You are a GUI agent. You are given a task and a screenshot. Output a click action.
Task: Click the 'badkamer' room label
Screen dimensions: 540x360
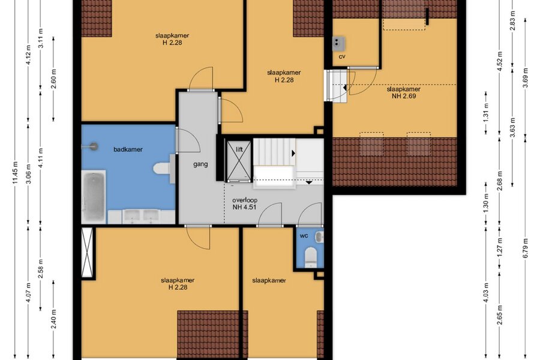click(x=128, y=149)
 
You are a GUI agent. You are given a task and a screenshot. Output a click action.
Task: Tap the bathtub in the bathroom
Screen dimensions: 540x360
click(x=94, y=196)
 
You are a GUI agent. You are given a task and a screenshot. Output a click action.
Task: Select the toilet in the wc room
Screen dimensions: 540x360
click(x=311, y=257)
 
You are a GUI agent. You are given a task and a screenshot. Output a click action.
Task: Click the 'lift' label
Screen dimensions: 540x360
click(x=239, y=149)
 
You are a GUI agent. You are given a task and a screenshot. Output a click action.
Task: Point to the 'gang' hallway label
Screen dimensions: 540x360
click(x=200, y=164)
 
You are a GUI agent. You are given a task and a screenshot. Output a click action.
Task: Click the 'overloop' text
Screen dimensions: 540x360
click(x=245, y=200)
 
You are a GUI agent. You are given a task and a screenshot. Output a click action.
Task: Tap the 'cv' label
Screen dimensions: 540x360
click(x=341, y=56)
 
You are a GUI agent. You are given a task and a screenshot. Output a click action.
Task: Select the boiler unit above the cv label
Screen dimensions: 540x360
click(x=338, y=43)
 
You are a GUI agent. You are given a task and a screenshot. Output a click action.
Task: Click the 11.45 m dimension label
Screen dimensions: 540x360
click(x=15, y=173)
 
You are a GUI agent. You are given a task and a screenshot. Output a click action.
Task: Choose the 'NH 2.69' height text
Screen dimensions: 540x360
click(x=404, y=96)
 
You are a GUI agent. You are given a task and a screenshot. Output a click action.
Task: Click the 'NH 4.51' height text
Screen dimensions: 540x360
click(x=245, y=207)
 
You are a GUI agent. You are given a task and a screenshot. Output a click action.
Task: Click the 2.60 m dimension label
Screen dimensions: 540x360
click(x=54, y=79)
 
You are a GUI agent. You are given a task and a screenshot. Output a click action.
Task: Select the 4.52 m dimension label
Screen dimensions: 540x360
click(x=500, y=60)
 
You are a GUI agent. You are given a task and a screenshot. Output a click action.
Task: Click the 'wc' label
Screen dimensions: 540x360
click(x=304, y=236)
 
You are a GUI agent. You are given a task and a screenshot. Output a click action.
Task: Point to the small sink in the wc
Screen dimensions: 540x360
click(x=319, y=237)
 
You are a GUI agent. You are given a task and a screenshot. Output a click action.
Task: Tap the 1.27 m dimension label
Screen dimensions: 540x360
click(x=500, y=248)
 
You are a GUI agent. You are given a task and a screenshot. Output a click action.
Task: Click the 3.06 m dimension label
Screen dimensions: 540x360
click(x=29, y=173)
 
